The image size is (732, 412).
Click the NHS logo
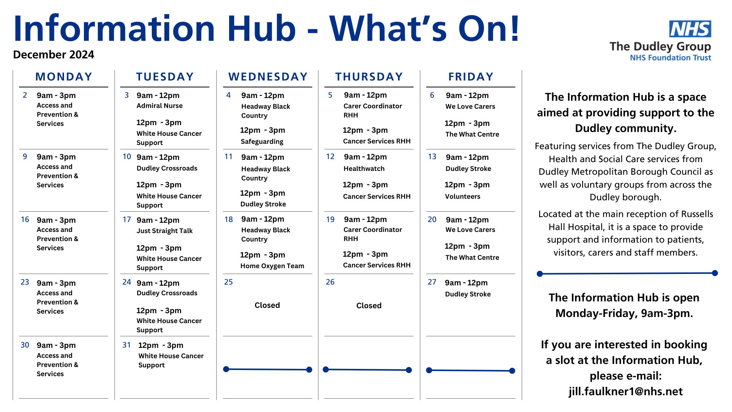[690, 29]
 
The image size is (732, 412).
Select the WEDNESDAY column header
[268, 77]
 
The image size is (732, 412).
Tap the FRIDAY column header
[471, 77]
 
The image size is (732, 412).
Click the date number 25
[228, 282]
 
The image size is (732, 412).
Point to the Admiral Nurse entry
[159, 106]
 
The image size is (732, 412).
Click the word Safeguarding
[262, 142]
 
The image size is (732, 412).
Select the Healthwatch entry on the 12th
[364, 169]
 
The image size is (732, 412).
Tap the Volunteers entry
[462, 196]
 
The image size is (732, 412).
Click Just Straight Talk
[165, 231]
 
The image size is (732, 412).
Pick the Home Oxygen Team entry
[272, 266]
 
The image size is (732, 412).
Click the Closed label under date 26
[369, 306]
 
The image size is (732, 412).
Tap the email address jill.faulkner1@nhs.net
[626, 391]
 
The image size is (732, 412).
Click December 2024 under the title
[53, 55]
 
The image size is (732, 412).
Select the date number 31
[127, 345]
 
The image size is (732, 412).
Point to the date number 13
[432, 156]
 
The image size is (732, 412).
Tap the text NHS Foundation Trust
[671, 58]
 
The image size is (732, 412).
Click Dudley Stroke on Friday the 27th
[468, 294]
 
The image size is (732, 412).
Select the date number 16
[25, 219]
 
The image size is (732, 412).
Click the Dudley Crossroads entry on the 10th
[167, 168]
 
